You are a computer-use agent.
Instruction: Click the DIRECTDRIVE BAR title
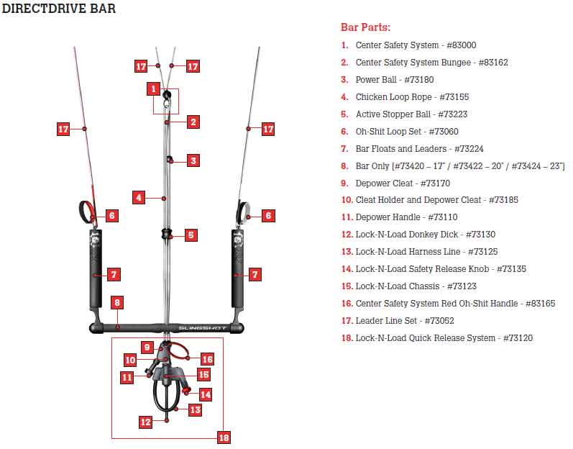tap(58, 8)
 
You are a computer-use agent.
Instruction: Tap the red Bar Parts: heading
tap(365, 27)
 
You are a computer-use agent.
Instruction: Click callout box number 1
tap(153, 89)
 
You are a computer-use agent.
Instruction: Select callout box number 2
tap(193, 122)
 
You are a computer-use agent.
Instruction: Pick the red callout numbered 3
tap(193, 160)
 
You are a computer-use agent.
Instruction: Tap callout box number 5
tap(191, 235)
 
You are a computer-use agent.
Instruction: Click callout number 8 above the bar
tap(117, 302)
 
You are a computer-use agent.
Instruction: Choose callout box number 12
tap(145, 422)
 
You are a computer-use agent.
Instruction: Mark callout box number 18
tap(224, 437)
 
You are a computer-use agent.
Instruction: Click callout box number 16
tap(207, 359)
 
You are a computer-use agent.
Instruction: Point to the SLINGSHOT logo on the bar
tap(202, 328)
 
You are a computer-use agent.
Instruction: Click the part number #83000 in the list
tap(461, 45)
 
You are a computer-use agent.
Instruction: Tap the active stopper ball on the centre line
tap(166, 233)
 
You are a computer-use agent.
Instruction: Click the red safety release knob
tap(187, 390)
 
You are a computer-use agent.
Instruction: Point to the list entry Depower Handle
tap(406, 217)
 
